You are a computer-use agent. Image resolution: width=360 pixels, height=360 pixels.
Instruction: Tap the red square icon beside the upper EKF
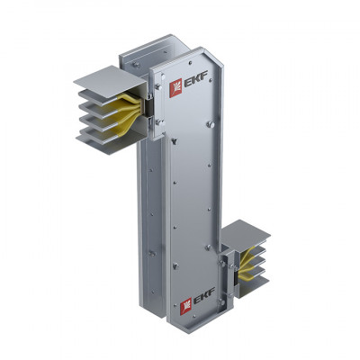175,88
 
